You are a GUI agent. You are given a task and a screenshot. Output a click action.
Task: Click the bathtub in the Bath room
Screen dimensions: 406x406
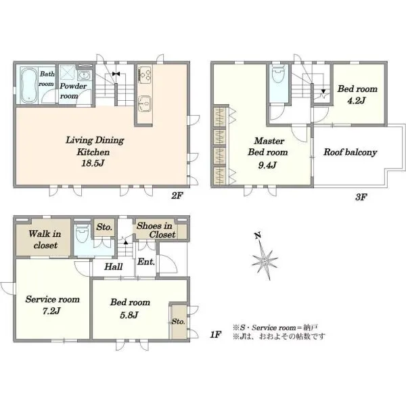point(29,85)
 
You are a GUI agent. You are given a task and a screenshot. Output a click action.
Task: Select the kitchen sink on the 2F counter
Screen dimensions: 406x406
point(145,104)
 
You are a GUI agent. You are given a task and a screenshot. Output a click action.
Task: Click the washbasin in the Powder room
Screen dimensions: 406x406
point(84,76)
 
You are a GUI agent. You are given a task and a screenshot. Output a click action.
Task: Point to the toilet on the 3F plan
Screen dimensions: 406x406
point(279,74)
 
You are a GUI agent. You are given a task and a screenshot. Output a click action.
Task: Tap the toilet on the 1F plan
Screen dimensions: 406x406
point(83,233)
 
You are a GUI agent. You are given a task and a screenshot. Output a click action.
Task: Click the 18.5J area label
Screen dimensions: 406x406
point(93,163)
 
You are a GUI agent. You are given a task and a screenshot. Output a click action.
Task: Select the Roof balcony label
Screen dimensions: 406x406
point(350,152)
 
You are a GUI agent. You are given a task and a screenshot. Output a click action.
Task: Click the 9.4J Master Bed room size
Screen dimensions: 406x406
point(268,164)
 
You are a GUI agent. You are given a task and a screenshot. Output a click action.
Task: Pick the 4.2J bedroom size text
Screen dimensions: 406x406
point(357,100)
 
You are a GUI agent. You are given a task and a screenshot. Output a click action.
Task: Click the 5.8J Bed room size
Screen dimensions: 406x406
point(129,315)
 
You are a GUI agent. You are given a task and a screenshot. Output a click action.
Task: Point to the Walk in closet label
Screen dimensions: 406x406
point(45,240)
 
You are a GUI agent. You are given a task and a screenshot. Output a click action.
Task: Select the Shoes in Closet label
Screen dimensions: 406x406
point(156,230)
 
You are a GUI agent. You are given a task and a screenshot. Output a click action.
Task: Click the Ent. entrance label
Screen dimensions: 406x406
point(146,261)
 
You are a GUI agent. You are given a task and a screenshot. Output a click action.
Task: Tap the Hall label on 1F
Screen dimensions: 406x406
point(114,267)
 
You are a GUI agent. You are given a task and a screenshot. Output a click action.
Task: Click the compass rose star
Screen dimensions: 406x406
point(265,261)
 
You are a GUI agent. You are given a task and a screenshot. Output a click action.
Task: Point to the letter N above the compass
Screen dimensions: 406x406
point(257,236)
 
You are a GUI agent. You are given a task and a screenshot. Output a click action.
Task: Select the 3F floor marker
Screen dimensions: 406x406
point(361,197)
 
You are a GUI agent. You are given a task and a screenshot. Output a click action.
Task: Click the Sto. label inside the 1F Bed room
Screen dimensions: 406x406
point(179,321)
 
